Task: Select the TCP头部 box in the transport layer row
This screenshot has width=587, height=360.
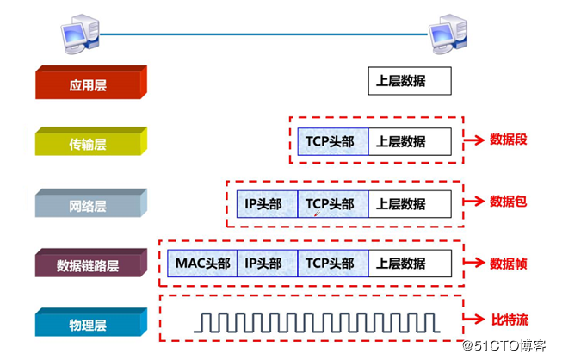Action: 333,141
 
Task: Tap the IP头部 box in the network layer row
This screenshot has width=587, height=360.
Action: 267,204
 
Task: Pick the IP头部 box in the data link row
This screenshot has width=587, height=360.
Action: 267,262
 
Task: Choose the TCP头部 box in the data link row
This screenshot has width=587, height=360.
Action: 333,262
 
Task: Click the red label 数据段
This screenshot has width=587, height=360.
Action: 508,139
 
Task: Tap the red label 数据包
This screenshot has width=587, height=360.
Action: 508,202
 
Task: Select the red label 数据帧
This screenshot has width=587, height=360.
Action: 508,262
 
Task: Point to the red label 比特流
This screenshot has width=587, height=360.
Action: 508,320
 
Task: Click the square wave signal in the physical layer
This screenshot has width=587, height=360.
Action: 316,322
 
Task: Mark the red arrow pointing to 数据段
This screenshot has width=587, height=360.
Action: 474,140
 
